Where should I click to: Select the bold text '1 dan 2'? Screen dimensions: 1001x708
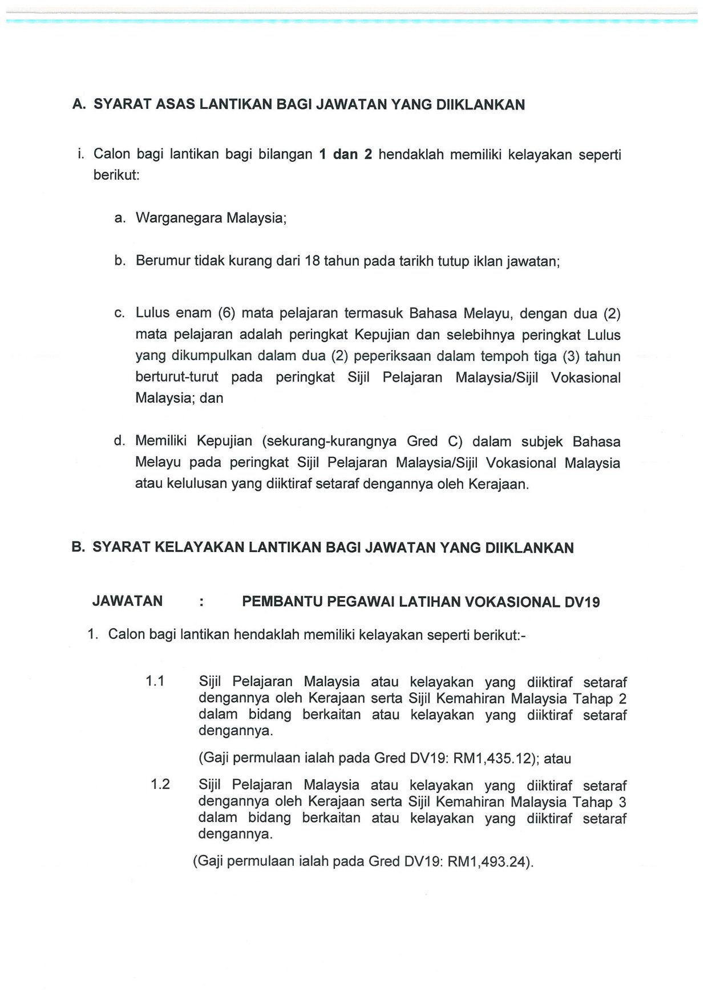click(x=345, y=155)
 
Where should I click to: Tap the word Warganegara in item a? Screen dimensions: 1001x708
click(x=179, y=218)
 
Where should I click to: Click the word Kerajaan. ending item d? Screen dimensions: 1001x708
click(x=499, y=484)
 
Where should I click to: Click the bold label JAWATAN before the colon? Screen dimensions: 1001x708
click(x=127, y=601)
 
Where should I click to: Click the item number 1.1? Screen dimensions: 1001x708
click(x=155, y=681)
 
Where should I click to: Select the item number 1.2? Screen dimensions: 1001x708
click(x=160, y=784)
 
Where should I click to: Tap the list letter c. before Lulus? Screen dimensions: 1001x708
click(x=119, y=313)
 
